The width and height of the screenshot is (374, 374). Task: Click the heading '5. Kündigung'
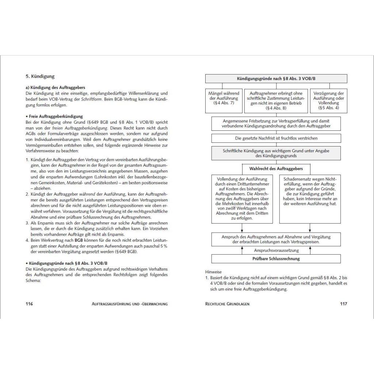[40, 77]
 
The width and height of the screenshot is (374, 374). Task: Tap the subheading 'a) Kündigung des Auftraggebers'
[56, 88]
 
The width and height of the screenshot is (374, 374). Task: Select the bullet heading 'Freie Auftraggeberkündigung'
[55, 116]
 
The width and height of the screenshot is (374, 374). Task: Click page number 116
[29, 304]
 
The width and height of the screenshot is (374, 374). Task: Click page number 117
[343, 304]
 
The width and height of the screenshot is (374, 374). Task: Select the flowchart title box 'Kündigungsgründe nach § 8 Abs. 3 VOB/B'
[276, 79]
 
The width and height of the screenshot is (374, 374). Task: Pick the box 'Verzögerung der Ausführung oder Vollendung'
[329, 101]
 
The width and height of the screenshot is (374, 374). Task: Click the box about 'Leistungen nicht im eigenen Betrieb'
[276, 101]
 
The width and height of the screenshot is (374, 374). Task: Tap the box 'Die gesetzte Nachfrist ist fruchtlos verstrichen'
[276, 138]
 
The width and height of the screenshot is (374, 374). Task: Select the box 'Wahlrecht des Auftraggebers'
[276, 169]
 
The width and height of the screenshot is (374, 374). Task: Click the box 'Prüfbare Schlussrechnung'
[276, 259]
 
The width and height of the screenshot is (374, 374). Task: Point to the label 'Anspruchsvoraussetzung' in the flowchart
[276, 251]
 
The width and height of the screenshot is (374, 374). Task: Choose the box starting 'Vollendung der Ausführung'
[242, 199]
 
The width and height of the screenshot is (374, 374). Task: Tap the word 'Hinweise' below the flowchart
[213, 272]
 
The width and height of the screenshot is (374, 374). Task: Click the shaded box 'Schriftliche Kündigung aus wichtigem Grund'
[276, 153]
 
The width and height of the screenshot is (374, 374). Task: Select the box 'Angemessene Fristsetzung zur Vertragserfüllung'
[276, 123]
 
